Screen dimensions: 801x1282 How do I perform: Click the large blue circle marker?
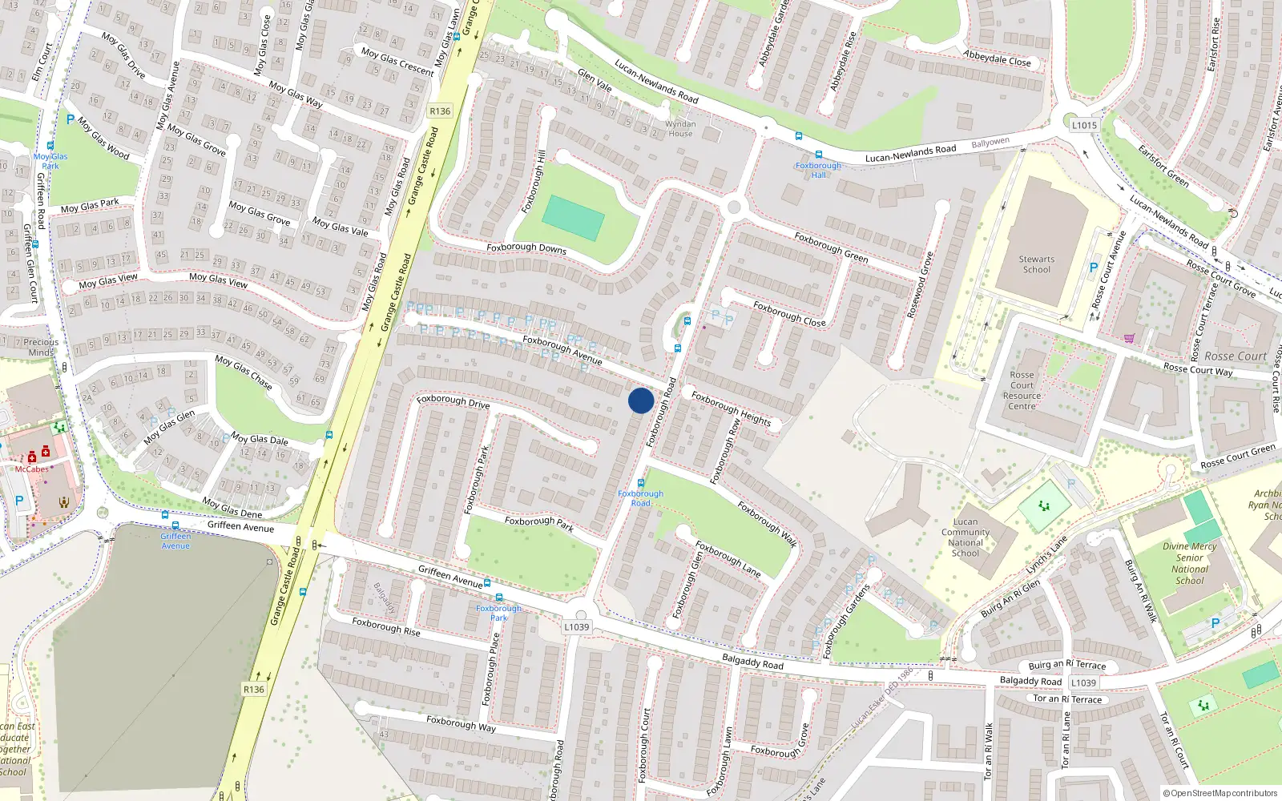point(641,400)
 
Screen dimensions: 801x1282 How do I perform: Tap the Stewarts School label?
point(1036,264)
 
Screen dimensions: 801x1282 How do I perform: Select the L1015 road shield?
point(1084,125)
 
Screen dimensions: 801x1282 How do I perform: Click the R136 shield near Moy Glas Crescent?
point(440,111)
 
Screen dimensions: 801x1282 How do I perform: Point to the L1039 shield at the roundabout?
point(576,627)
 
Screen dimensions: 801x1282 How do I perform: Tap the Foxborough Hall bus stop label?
point(818,170)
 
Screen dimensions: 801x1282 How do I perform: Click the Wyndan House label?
point(680,129)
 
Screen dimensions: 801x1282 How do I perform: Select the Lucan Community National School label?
point(966,537)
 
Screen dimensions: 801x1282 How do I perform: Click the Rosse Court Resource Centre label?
point(1022,391)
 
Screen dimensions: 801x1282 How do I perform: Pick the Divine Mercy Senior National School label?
point(1190,563)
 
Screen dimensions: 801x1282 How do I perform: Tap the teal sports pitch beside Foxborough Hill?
point(573,218)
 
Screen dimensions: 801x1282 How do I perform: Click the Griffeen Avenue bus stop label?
point(175,541)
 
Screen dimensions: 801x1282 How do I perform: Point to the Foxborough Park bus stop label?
point(498,613)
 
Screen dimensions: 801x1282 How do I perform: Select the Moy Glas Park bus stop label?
point(50,161)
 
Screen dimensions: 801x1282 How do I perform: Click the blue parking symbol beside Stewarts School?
point(1093,268)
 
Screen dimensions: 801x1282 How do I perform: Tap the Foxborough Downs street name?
point(526,248)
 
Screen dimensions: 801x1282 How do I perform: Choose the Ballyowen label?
point(990,143)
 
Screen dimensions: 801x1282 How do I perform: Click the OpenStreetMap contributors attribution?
point(1220,794)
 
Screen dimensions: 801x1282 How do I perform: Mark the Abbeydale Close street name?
point(997,58)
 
